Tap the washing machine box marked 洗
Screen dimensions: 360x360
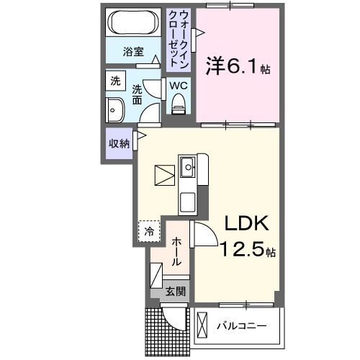tap(115, 81)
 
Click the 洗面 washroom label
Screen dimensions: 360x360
tap(138, 94)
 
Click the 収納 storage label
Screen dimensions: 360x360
tap(119, 143)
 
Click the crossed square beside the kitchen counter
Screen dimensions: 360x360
tap(164, 175)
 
